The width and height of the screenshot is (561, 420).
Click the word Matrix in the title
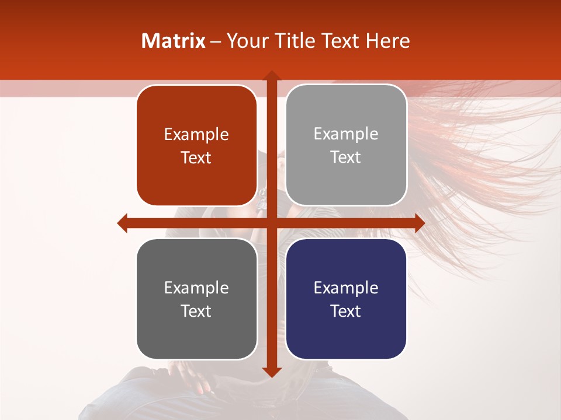pos(173,41)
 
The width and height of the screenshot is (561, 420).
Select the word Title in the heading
pos(300,41)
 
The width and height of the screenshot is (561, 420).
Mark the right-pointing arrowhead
pos(420,223)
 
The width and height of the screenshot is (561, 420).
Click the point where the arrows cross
pos(271,223)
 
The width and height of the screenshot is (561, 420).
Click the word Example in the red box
pos(196,134)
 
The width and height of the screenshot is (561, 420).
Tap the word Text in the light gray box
pos(346,157)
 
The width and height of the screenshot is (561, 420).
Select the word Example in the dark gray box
pos(196,288)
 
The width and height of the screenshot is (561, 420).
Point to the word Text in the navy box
pos(346,311)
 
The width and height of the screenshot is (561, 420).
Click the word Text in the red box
pos(196,157)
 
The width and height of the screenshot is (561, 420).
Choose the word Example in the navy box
pos(346,288)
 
